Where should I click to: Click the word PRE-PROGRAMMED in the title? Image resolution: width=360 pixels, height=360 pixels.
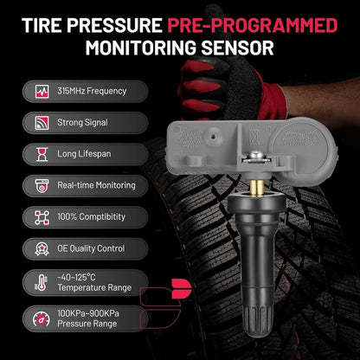253,25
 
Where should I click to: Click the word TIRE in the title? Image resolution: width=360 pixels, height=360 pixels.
42,25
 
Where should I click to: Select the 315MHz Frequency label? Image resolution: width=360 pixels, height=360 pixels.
92,91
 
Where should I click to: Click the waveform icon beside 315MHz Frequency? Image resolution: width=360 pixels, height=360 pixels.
42,92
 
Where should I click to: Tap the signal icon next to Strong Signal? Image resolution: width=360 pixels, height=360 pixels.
42,123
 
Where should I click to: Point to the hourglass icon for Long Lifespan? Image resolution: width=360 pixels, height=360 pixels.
42,154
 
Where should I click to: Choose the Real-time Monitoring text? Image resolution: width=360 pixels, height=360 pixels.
96,185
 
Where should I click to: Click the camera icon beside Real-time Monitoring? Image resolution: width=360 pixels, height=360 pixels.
42,186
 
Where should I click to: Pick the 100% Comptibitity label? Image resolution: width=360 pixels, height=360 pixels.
91,217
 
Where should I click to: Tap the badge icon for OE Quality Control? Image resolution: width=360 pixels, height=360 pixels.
42,248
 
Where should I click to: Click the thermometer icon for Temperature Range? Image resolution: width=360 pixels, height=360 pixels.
42,282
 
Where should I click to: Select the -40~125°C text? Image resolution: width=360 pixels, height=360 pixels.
76,278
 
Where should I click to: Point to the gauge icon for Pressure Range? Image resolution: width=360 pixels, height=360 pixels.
42,318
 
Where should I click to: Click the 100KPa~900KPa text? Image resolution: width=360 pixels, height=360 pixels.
88,313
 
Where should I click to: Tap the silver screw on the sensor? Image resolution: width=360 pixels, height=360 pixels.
256,156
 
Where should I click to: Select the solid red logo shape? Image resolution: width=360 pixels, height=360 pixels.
182,289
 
